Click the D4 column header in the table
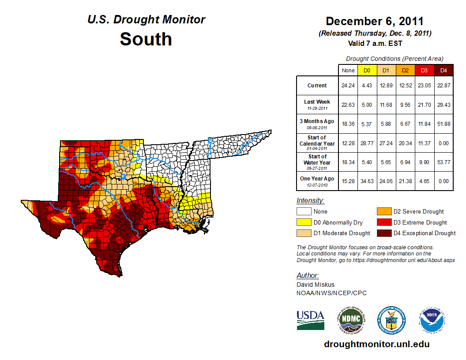443,70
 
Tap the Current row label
317,86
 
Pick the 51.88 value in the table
443,124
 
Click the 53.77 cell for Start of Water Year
443,162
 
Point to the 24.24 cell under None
348,86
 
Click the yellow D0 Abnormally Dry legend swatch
304,222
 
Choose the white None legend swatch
304,212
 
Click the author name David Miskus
316,285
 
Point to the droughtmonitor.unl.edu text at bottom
376,344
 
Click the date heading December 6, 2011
374,21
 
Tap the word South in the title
146,39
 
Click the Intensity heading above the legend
310,201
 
